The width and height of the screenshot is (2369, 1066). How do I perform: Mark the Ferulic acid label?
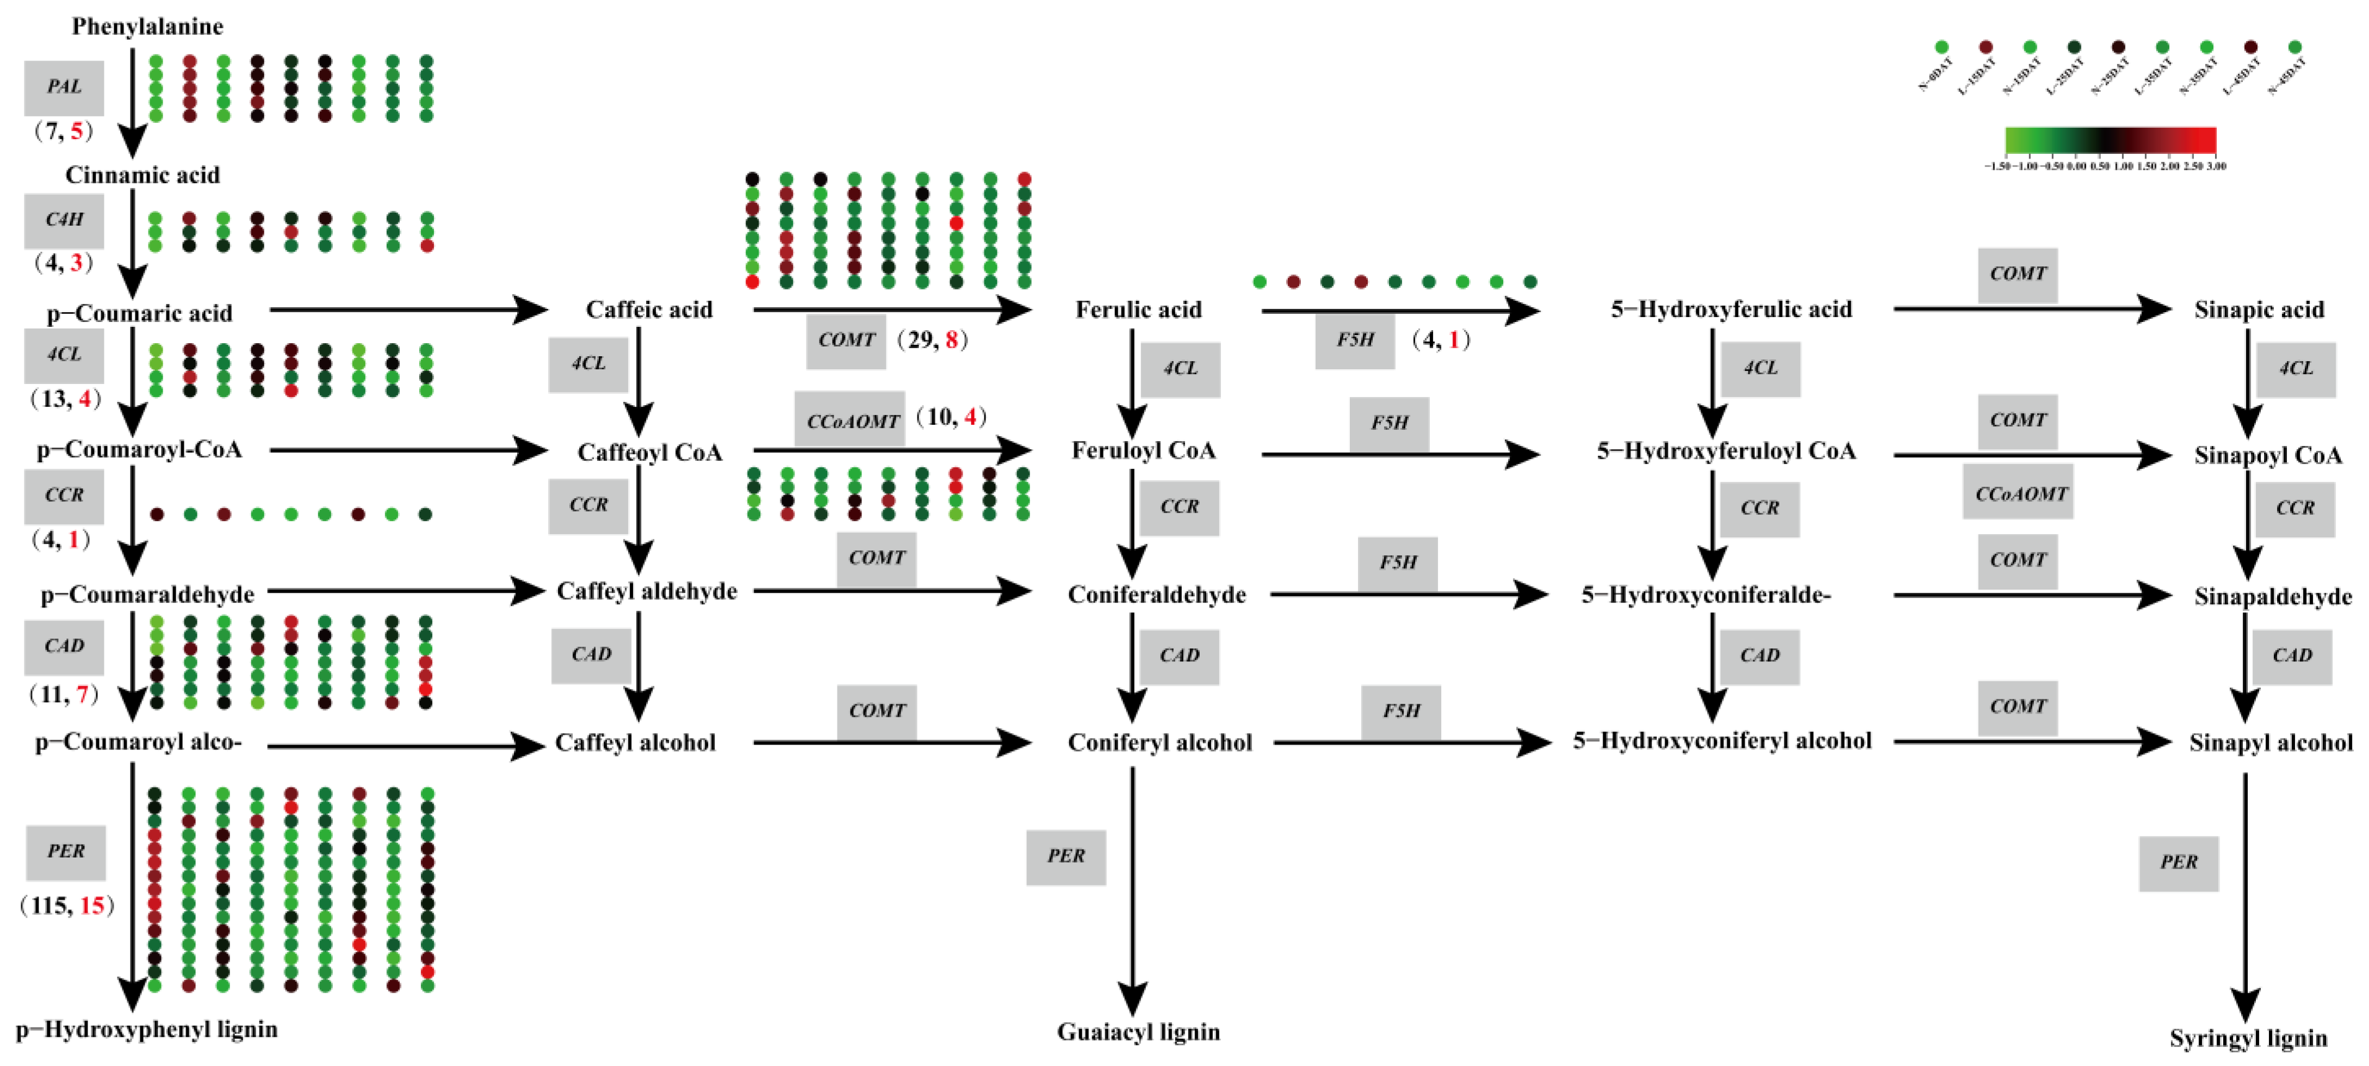(1138, 310)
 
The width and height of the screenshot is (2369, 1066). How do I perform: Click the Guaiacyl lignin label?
(1138, 1032)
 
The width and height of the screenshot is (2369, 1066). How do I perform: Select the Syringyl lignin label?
(2248, 1038)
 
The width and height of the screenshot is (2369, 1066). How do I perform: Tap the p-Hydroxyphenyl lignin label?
(147, 1029)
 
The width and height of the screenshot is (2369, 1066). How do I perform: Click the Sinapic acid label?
(2259, 310)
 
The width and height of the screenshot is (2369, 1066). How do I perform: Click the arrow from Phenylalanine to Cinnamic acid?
(133, 101)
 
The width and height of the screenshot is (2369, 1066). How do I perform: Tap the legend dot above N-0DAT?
(1942, 47)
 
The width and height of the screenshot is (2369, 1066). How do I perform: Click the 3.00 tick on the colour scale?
(2216, 166)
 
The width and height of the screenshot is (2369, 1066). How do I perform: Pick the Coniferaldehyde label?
(1156, 595)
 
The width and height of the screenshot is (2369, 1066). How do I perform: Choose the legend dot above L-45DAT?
(2250, 47)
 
